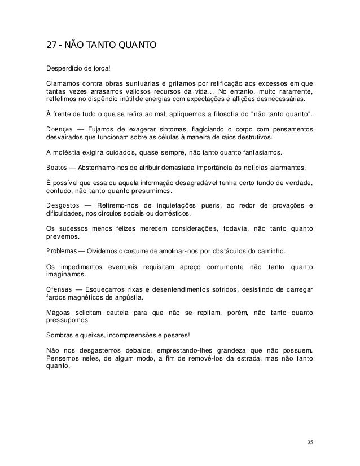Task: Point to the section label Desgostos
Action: (63, 205)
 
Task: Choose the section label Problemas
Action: (61, 249)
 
